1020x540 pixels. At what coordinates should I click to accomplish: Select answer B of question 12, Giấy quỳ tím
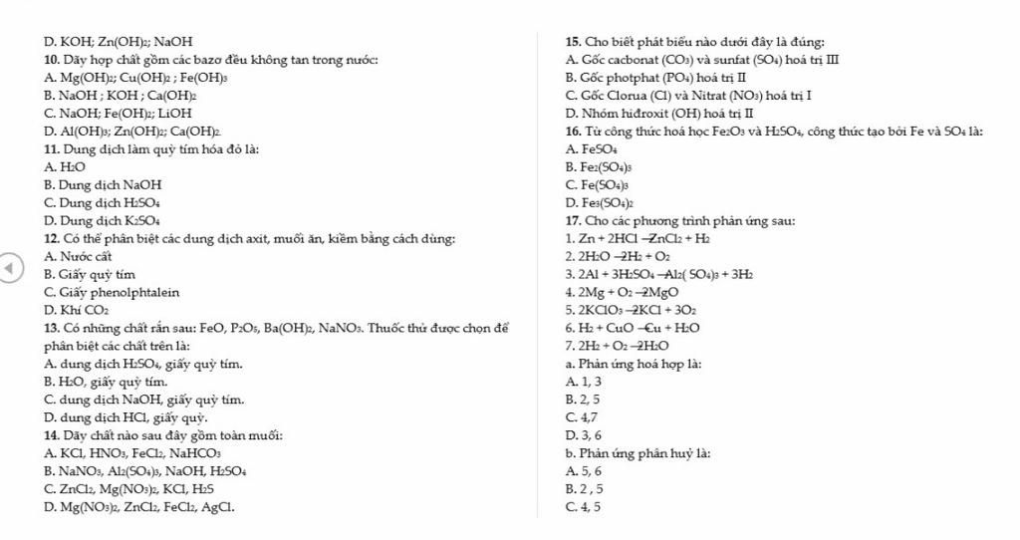[x=91, y=274]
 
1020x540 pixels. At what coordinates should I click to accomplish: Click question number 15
[x=573, y=41]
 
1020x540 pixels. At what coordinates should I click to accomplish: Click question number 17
[x=573, y=220]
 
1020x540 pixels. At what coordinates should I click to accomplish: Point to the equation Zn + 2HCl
[x=637, y=238]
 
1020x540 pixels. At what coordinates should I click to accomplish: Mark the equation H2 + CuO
[x=632, y=328]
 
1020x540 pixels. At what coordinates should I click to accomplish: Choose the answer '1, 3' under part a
[x=583, y=382]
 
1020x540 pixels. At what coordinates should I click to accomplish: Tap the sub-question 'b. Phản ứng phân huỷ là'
[x=637, y=453]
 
